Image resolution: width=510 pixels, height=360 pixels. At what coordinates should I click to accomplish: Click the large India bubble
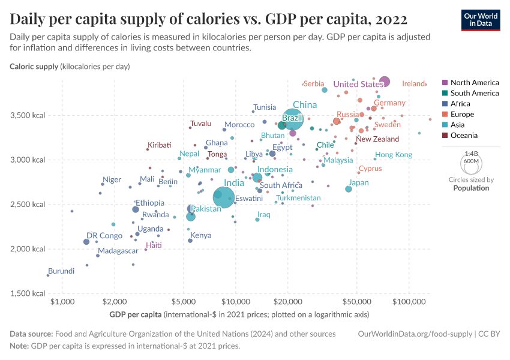coord(225,196)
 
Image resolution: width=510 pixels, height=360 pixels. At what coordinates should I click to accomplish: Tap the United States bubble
coord(385,82)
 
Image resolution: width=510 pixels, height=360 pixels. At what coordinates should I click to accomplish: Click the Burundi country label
coord(61,271)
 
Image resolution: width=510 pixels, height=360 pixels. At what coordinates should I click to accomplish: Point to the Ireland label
coord(413,84)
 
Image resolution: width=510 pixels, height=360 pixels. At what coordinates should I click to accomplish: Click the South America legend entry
coord(474,93)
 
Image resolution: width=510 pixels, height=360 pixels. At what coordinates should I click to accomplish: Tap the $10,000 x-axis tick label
coord(236,301)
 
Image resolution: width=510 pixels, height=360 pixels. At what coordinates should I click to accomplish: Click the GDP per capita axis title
coord(136,314)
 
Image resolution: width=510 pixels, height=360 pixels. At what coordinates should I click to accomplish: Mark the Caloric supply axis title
coord(34,66)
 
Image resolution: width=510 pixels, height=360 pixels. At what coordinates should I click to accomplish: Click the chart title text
coord(209,19)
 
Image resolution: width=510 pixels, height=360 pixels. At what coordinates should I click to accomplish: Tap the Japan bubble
coord(349,189)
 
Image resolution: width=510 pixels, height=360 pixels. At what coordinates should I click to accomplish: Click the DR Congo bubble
coord(86,242)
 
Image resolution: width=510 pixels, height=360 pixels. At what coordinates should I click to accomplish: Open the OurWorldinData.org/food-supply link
coord(415,334)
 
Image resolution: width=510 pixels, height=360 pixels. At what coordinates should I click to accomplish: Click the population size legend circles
coord(471,162)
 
